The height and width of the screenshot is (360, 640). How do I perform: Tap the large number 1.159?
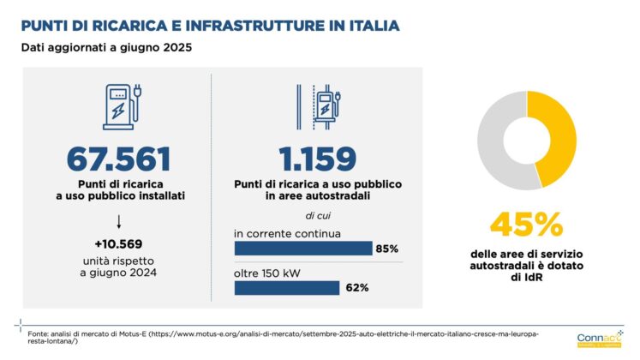317,159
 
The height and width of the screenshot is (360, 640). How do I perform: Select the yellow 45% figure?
526,225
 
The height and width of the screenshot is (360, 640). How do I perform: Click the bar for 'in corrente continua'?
302,249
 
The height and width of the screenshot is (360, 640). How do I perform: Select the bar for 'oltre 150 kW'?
286,287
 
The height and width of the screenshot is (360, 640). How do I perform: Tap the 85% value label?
386,249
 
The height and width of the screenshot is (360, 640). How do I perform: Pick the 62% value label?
357,287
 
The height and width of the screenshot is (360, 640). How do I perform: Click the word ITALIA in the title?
365,26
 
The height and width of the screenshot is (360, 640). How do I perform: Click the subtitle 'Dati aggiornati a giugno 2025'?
106,48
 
